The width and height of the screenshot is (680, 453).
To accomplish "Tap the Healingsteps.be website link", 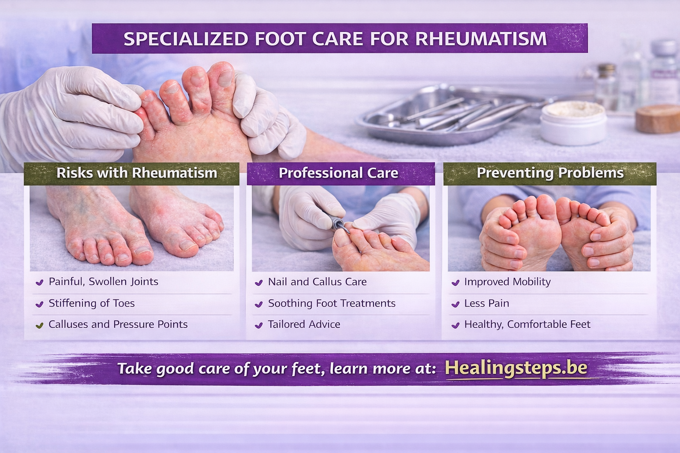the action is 516,368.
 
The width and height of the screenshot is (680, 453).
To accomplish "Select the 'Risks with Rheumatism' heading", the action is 137,173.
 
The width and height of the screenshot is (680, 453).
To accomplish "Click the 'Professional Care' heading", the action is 339,173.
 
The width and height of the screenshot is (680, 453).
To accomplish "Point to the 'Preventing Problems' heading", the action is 550,173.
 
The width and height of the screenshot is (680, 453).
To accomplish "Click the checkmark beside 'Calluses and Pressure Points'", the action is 39,325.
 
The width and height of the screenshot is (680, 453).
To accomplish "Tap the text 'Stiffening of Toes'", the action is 92,303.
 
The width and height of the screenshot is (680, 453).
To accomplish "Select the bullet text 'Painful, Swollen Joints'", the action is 104,281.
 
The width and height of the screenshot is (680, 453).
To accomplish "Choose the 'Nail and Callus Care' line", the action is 317,282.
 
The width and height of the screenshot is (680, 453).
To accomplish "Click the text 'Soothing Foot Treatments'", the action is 332,303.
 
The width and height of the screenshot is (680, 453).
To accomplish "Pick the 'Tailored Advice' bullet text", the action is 304,324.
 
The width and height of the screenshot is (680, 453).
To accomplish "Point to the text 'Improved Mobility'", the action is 507,282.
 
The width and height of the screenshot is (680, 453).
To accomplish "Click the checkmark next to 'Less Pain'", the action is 456,304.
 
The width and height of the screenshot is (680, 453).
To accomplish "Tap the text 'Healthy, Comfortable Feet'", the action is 527,324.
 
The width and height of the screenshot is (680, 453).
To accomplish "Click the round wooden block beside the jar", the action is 657,119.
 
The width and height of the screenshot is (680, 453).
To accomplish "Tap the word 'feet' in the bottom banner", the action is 307,369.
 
